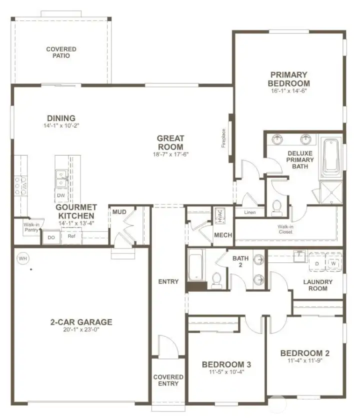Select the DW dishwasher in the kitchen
(61, 195)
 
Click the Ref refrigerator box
(71, 236)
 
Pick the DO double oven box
(51, 237)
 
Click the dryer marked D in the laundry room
(316, 263)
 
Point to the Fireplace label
(224, 138)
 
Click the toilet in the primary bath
(276, 208)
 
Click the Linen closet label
(250, 212)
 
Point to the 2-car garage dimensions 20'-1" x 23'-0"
(80, 330)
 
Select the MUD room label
(119, 212)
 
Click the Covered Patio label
(61, 52)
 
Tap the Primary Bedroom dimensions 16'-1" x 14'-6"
(289, 91)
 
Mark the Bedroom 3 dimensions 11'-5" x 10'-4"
(226, 372)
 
